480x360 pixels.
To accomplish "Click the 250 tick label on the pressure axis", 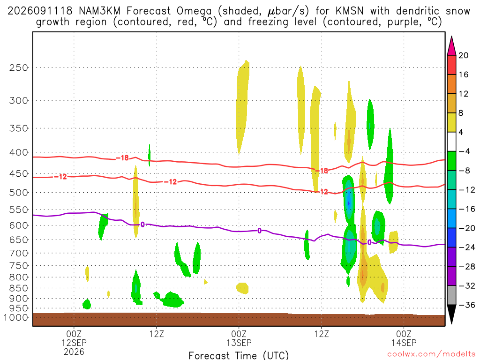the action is coord(19,67).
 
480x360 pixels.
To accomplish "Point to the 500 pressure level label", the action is coord(19,193).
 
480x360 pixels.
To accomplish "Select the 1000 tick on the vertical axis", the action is coord(16,317).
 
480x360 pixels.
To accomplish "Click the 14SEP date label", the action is coord(404,343).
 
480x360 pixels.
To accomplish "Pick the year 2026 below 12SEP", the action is coord(74,352).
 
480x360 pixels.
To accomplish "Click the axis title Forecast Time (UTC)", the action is coord(239,355).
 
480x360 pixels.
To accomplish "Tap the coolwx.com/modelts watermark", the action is coord(431,354).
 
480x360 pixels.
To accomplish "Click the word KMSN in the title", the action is coord(350,11).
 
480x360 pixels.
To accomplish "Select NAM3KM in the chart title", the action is coord(99,11).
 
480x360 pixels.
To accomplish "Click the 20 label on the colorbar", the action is coord(463,55).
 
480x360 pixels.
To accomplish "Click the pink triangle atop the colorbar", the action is coord(451,46).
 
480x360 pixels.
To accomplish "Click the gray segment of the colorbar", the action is coord(451,295).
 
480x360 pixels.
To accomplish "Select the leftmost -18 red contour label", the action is coord(122,158).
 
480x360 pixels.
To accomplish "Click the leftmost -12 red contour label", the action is coord(60,177).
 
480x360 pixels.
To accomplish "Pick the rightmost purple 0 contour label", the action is coord(369,242).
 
